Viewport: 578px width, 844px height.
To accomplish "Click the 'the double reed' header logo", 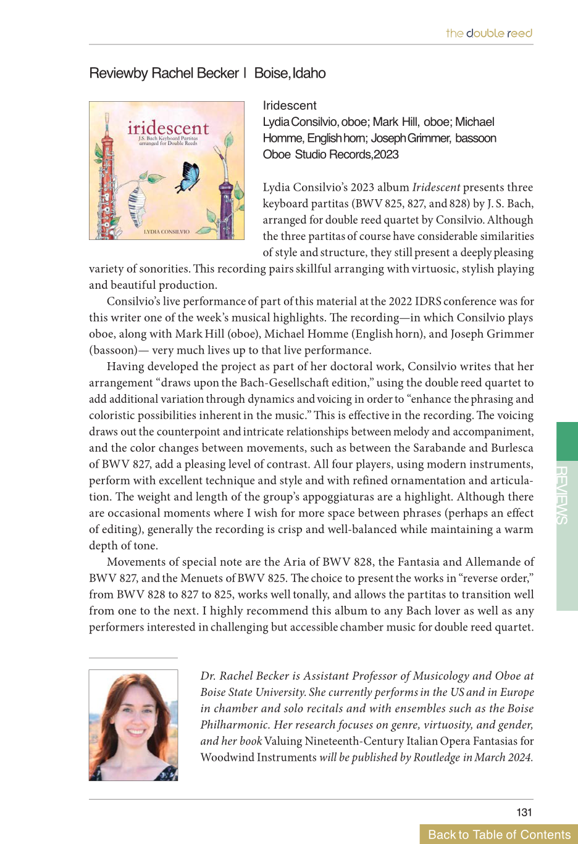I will (489, 33).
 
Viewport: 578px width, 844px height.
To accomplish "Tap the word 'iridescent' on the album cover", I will (168, 128).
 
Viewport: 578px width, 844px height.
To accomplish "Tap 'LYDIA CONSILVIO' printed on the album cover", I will (166, 232).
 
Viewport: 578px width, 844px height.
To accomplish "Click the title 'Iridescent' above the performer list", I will (290, 105).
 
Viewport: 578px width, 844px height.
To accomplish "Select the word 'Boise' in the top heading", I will (271, 73).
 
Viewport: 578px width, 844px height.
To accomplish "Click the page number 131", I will (524, 812).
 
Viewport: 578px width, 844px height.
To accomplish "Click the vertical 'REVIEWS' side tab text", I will (561, 495).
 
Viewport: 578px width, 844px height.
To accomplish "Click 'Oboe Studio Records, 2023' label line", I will (330, 154).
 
